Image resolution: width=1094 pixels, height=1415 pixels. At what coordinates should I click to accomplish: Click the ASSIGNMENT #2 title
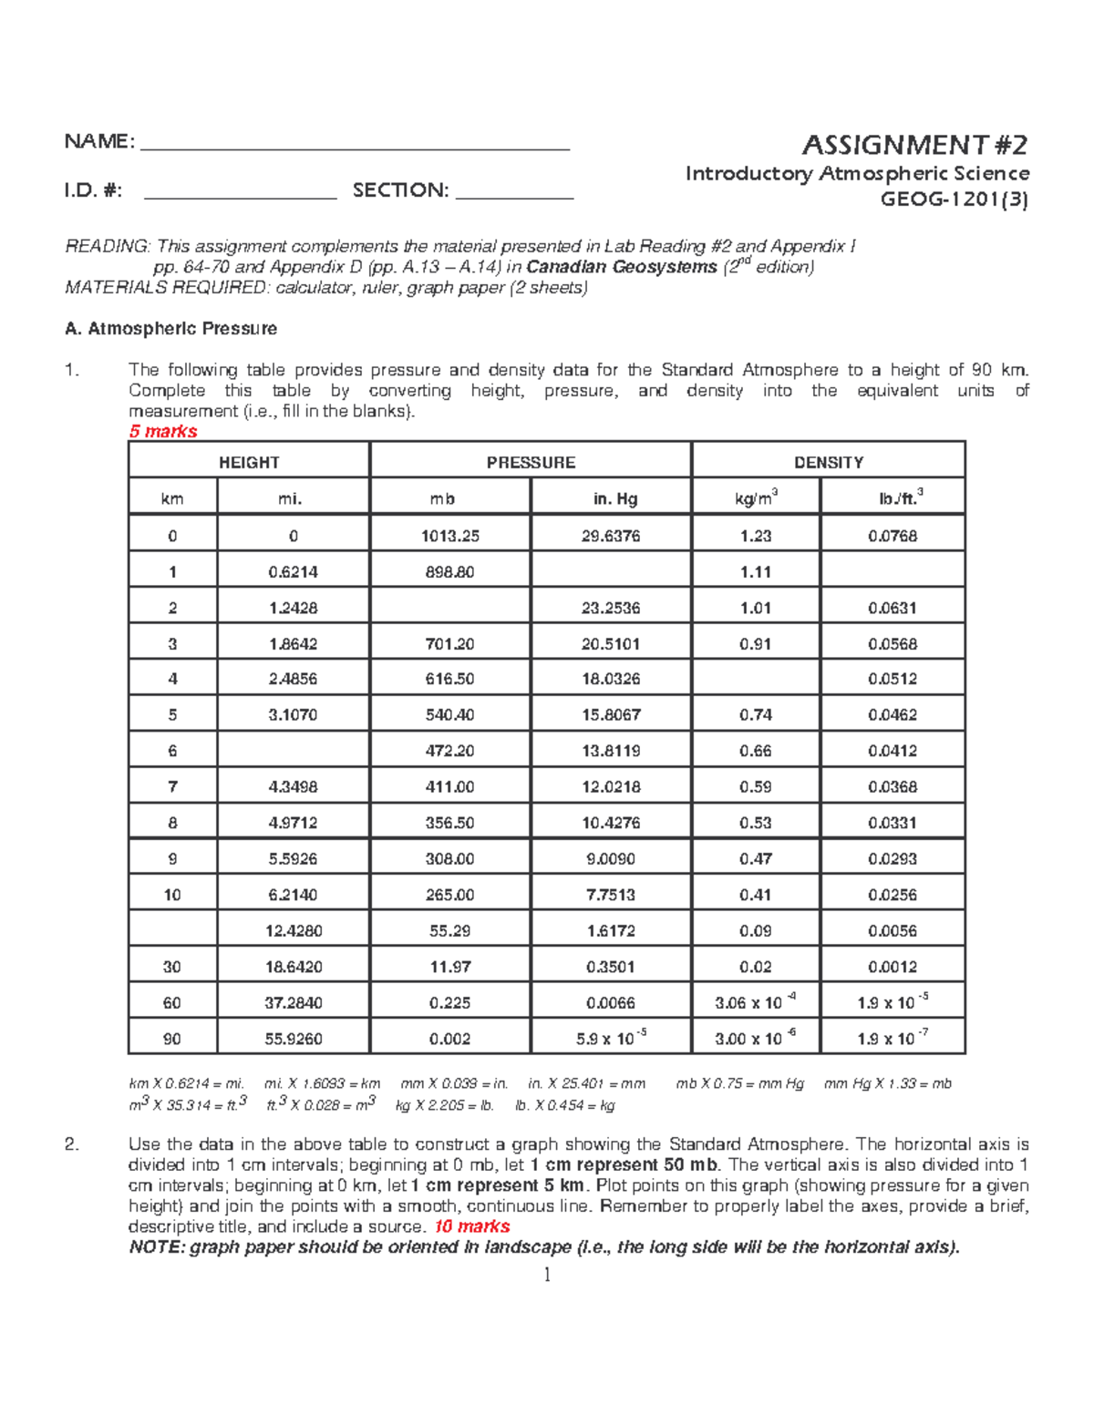click(x=914, y=145)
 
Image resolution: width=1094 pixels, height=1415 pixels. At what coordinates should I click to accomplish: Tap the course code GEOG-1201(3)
click(x=954, y=200)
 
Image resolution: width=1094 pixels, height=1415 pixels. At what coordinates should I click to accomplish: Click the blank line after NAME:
click(x=356, y=144)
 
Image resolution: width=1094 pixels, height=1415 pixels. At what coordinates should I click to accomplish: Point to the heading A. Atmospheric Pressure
click(x=170, y=328)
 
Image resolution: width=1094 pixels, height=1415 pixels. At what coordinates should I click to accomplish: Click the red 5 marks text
click(x=163, y=431)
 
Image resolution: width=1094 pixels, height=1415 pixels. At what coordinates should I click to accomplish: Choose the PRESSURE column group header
click(x=531, y=462)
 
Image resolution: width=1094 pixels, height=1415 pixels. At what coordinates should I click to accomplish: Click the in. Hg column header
click(x=611, y=498)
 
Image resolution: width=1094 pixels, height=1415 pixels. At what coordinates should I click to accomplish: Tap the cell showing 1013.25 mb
click(x=449, y=536)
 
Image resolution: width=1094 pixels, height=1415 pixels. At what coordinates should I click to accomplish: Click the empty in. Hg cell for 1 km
click(x=611, y=571)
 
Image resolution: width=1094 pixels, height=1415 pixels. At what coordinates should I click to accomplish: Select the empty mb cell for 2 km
click(x=449, y=607)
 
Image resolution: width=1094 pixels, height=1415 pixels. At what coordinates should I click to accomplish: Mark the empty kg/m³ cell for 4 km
click(x=756, y=679)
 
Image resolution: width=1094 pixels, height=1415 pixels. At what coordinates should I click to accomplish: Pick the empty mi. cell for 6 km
click(x=293, y=751)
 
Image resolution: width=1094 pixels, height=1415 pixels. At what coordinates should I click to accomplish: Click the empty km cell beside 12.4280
click(x=172, y=930)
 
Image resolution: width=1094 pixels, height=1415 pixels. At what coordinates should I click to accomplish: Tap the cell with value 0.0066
click(x=611, y=1002)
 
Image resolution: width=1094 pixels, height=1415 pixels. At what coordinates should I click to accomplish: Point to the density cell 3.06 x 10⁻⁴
click(x=756, y=1002)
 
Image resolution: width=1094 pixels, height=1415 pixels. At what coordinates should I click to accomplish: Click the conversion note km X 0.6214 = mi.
click(x=187, y=1083)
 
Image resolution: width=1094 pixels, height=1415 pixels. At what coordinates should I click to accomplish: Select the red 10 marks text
click(x=471, y=1226)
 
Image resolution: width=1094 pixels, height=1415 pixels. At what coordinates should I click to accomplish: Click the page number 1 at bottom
click(x=547, y=1275)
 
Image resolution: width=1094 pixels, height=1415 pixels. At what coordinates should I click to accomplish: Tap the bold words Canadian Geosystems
click(x=622, y=267)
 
